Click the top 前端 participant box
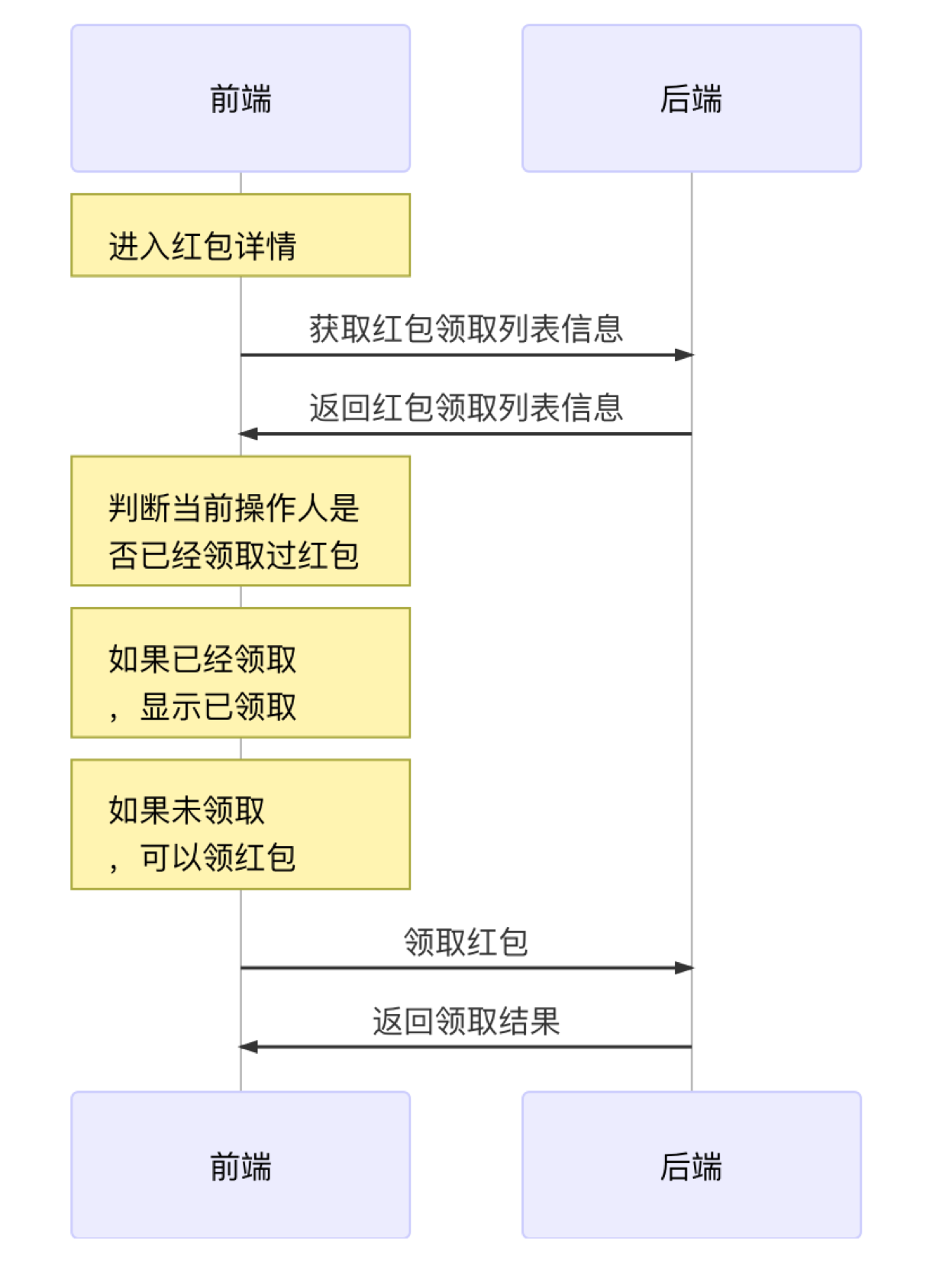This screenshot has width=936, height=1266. point(240,99)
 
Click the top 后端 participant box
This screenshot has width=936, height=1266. point(691,99)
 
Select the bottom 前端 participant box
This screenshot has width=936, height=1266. point(240,1165)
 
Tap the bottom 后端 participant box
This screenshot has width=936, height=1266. point(691,1165)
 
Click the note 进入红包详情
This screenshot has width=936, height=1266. point(240,235)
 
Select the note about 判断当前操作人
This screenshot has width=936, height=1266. point(240,521)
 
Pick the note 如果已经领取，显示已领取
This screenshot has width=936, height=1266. point(240,673)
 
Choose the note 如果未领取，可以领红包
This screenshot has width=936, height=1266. point(240,824)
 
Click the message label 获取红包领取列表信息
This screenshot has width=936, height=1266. point(466,329)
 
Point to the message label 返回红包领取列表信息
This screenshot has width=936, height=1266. point(466,408)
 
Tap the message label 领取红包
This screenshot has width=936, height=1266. point(466,941)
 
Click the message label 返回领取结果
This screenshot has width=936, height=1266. point(466,1021)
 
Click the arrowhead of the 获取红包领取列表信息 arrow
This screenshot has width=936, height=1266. point(684,355)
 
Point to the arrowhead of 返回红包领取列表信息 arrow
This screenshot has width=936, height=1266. point(247,434)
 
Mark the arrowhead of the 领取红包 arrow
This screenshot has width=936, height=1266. point(684,967)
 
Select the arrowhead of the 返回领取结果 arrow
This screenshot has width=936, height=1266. point(247,1047)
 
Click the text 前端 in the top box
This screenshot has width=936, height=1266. point(240,99)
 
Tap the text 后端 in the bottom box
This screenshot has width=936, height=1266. point(691,1165)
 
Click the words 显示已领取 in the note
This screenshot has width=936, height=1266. point(218,706)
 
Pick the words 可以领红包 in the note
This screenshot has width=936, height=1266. point(218,857)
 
